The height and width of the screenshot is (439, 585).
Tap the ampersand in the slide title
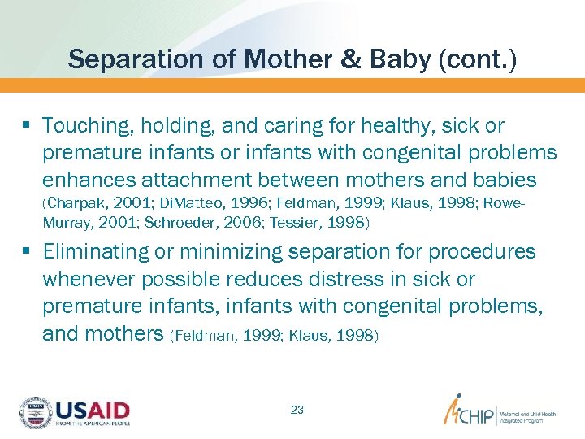click(x=349, y=59)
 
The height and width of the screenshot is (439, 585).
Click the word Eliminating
click(x=96, y=252)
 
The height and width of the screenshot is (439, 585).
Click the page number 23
click(x=297, y=410)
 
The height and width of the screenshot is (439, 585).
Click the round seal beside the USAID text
click(x=35, y=413)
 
